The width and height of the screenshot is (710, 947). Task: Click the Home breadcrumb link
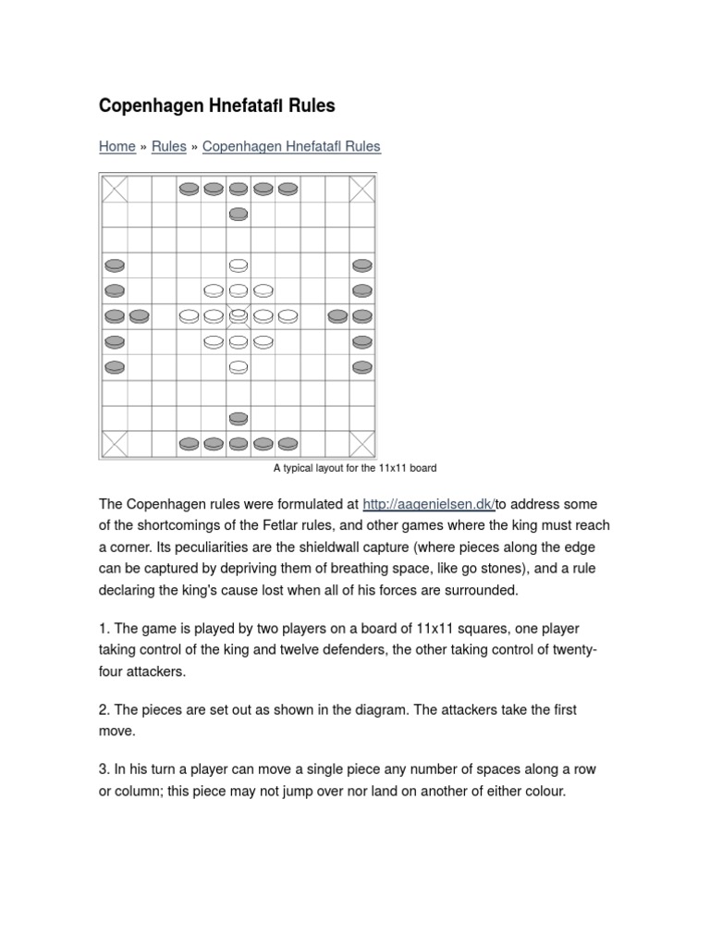[117, 146]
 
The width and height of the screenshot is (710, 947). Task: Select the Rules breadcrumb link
[169, 146]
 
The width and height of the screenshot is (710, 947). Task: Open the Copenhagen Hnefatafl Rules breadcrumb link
[291, 146]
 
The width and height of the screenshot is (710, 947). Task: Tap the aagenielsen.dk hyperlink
[430, 504]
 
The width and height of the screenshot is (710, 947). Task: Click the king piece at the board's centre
[238, 314]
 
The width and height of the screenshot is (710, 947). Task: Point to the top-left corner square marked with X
[115, 189]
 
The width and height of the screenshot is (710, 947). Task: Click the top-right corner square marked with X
[362, 189]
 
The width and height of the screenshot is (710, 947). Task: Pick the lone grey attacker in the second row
[238, 215]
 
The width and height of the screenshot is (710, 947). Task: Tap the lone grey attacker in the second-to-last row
[238, 418]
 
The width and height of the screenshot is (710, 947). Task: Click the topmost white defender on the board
[238, 265]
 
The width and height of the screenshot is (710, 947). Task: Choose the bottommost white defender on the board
[238, 367]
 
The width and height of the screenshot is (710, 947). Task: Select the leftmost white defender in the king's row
[189, 316]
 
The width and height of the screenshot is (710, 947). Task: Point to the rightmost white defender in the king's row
[288, 316]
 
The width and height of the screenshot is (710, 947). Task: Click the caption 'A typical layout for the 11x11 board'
[355, 468]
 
